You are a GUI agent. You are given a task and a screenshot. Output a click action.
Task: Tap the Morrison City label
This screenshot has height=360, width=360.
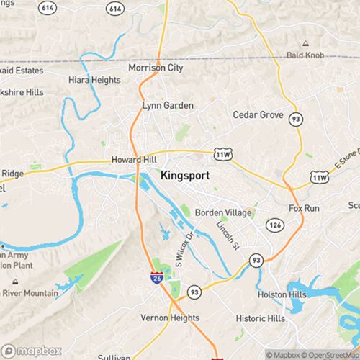(156, 68)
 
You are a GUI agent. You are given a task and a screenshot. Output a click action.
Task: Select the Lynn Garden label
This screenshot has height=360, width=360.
(168, 105)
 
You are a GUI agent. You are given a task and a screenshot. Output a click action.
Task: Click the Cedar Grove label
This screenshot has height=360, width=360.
(256, 114)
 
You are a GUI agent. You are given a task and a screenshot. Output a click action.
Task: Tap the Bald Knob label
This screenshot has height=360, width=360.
(305, 55)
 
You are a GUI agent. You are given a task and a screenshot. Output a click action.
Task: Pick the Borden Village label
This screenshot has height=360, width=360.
(223, 213)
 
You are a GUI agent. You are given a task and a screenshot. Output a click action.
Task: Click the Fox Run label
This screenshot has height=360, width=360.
(303, 208)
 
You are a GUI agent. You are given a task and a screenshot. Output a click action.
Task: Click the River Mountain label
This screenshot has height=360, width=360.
(31, 294)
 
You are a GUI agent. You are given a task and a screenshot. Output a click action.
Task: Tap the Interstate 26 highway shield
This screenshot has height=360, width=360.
(156, 277)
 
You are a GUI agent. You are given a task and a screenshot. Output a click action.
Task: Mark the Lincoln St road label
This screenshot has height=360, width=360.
(227, 235)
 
